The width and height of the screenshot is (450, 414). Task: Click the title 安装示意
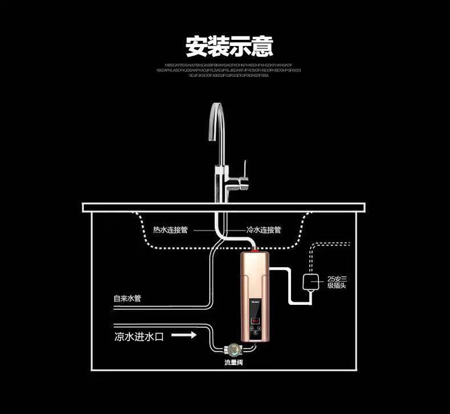coord(229,46)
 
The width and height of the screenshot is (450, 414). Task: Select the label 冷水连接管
coord(263,230)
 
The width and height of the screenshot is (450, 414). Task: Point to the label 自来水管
coord(127,298)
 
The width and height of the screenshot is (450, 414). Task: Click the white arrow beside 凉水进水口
coord(184,336)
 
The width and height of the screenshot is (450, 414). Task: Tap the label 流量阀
coord(234,362)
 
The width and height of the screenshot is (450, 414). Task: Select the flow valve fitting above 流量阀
coord(232,349)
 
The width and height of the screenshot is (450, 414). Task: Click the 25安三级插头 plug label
coord(338,282)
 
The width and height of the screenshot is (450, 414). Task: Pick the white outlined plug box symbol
coord(311,282)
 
